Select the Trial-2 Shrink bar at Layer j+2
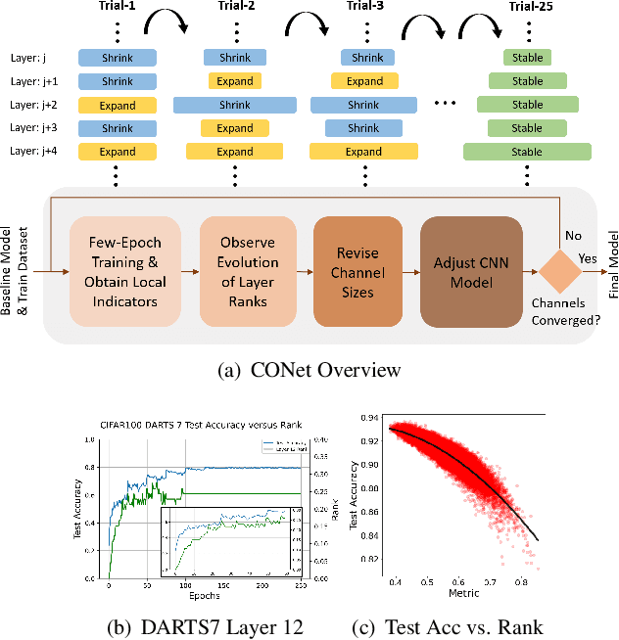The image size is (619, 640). pyautogui.click(x=235, y=105)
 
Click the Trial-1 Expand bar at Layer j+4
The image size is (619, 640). pyautogui.click(x=117, y=152)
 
